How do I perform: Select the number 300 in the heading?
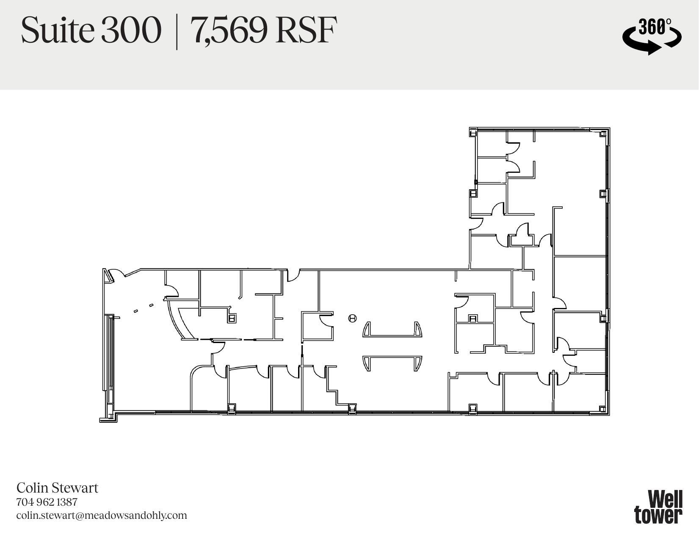131,30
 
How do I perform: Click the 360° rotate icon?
652,36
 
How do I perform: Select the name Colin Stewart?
57,488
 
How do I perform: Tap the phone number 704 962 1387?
47,502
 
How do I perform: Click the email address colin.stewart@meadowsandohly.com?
102,515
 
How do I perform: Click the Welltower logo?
658,507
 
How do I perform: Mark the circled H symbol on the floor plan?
352,318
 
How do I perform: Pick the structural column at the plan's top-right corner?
603,134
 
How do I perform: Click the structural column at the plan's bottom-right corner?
603,409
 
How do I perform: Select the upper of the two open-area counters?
392,330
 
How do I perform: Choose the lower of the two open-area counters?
392,363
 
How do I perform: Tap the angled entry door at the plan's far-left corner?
109,276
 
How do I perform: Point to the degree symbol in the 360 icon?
669,22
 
